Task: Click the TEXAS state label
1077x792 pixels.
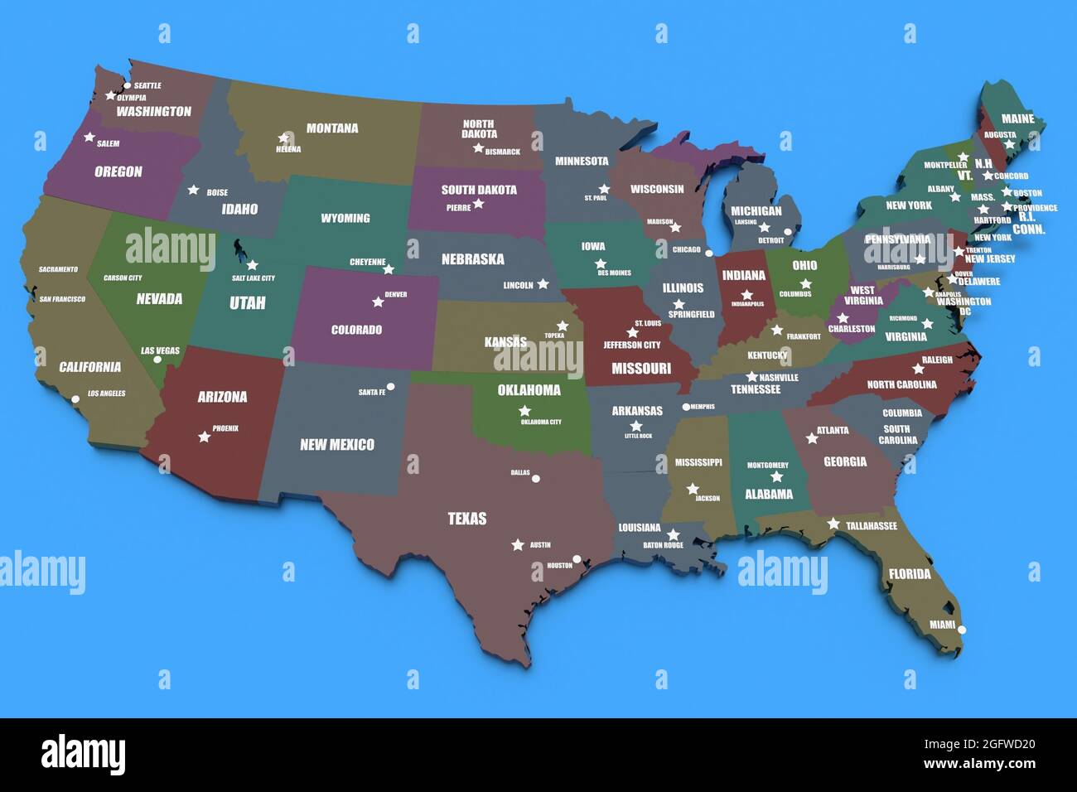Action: [467, 519]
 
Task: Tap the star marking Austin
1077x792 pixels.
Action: [518, 545]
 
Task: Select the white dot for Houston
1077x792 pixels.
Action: [577, 559]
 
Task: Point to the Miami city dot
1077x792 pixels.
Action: [962, 630]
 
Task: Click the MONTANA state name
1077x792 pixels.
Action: [332, 128]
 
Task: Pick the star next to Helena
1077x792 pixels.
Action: [284, 138]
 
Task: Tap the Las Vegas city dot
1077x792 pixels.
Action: [157, 360]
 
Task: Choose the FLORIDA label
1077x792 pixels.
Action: [910, 573]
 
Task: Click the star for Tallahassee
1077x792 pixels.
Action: [833, 524]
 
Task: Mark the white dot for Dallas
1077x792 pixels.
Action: [536, 479]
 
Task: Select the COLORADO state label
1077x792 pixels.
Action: [356, 330]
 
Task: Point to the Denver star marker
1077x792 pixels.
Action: [378, 302]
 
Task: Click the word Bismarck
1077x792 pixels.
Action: [503, 152]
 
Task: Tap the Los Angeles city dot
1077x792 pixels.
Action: [75, 399]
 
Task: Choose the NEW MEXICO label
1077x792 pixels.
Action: [336, 445]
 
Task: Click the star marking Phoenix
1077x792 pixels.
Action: [205, 437]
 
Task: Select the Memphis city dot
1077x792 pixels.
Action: [686, 407]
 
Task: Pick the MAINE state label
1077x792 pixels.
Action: [1017, 119]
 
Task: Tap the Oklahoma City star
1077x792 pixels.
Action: [524, 411]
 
